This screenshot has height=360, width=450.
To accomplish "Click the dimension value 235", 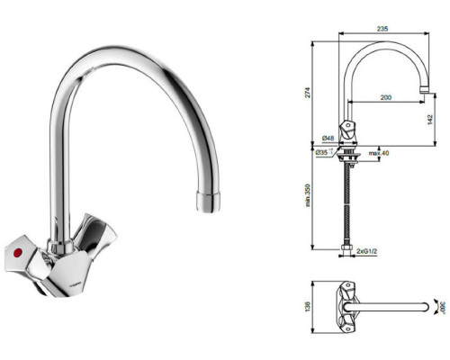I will (382, 30).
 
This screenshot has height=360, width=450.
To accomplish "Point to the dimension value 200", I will (386, 95).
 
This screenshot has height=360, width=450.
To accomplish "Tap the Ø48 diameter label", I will (328, 139).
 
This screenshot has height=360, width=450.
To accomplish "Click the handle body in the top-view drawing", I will (346, 304).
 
